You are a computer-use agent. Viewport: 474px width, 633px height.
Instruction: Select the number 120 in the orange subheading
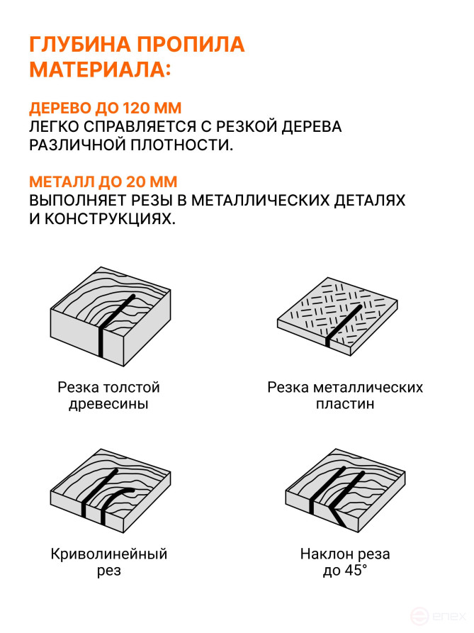139,109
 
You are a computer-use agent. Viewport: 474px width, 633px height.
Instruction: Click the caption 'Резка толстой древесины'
108,396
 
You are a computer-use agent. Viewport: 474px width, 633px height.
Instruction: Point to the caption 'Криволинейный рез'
108,562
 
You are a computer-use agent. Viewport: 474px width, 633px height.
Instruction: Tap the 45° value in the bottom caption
356,571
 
